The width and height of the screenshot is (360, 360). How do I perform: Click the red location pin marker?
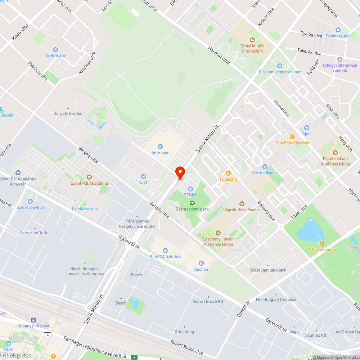180,172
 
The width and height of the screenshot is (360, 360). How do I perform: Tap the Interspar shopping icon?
160,147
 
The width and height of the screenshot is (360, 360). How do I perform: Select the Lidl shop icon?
144,176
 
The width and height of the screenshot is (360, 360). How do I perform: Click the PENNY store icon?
190,189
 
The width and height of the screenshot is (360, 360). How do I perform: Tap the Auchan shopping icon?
201,263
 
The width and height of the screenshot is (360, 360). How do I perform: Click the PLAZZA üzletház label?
165,256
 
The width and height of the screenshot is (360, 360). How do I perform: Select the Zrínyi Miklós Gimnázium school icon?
252,40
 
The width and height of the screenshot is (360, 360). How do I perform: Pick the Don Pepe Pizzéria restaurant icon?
292,137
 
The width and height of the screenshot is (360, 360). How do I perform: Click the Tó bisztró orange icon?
228,173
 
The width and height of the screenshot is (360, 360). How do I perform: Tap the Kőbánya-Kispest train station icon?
33,320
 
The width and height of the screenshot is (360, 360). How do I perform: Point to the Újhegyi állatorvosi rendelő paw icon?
339,59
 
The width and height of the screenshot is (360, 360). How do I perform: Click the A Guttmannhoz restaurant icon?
322,243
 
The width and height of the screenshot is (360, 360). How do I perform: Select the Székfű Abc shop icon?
55,50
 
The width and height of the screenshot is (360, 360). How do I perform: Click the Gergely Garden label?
68,113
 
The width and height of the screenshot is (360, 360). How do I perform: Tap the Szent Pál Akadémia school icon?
89,177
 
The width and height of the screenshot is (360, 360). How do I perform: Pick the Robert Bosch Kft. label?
208,301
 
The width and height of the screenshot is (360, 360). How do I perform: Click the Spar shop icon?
306,128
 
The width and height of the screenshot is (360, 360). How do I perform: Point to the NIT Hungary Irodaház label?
276,300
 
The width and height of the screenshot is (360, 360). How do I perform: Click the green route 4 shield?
134,357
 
